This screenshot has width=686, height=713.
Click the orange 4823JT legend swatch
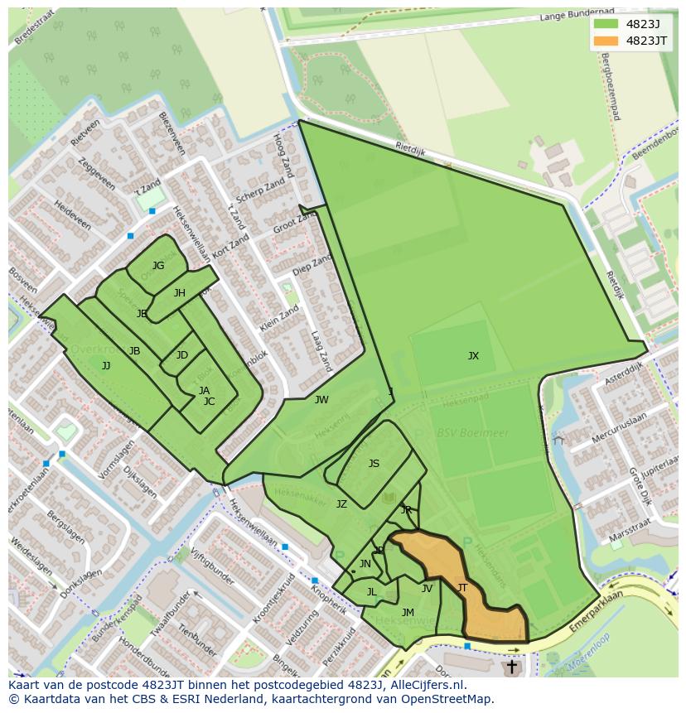pyautogui.click(x=606, y=41)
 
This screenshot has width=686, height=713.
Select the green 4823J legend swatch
pyautogui.click(x=606, y=23)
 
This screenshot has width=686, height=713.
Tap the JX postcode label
pyautogui.click(x=473, y=356)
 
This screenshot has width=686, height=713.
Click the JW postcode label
pyautogui.click(x=321, y=400)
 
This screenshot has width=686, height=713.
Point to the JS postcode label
pyautogui.click(x=374, y=464)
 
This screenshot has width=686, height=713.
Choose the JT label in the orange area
pyautogui.click(x=462, y=588)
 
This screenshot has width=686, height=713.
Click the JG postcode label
pyautogui.click(x=158, y=266)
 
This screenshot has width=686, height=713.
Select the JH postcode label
pyautogui.click(x=180, y=293)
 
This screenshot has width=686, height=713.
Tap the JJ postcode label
pyautogui.click(x=106, y=365)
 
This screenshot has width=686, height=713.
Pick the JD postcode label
pyautogui.click(x=182, y=355)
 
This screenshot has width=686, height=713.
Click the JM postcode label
pyautogui.click(x=408, y=613)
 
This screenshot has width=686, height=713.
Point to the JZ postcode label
pyautogui.click(x=341, y=503)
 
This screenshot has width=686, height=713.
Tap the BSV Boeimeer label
pyautogui.click(x=462, y=433)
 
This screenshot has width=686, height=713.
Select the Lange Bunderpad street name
pyautogui.click(x=576, y=15)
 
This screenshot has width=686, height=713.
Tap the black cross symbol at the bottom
pyautogui.click(x=511, y=666)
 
